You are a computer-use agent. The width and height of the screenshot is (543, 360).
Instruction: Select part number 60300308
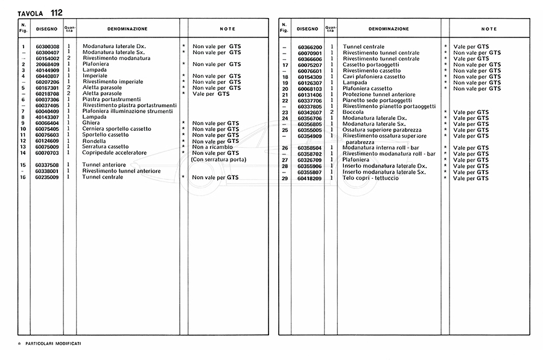(x=47, y=46)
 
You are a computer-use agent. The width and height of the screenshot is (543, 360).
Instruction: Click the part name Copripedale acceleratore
(x=115, y=153)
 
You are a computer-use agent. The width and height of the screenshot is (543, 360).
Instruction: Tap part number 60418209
(x=310, y=178)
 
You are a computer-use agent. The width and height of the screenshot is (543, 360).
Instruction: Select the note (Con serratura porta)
(x=218, y=159)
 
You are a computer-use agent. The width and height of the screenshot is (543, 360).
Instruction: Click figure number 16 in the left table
(x=22, y=177)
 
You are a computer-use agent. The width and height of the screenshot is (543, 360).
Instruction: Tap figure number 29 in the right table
(x=284, y=178)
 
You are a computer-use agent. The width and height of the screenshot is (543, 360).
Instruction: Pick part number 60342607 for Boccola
(x=310, y=112)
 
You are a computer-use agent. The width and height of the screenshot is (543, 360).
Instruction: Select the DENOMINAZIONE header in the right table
(x=389, y=29)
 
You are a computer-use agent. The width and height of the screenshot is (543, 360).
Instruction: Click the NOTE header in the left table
(x=227, y=29)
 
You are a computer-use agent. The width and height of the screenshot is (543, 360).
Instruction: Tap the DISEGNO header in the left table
(x=47, y=29)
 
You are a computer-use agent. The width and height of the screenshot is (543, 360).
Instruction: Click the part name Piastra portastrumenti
(x=112, y=99)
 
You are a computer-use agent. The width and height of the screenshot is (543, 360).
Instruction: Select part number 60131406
(x=310, y=95)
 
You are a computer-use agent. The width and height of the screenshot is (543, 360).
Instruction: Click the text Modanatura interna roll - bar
(x=381, y=148)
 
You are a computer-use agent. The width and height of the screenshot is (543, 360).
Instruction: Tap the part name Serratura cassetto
(x=106, y=147)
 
